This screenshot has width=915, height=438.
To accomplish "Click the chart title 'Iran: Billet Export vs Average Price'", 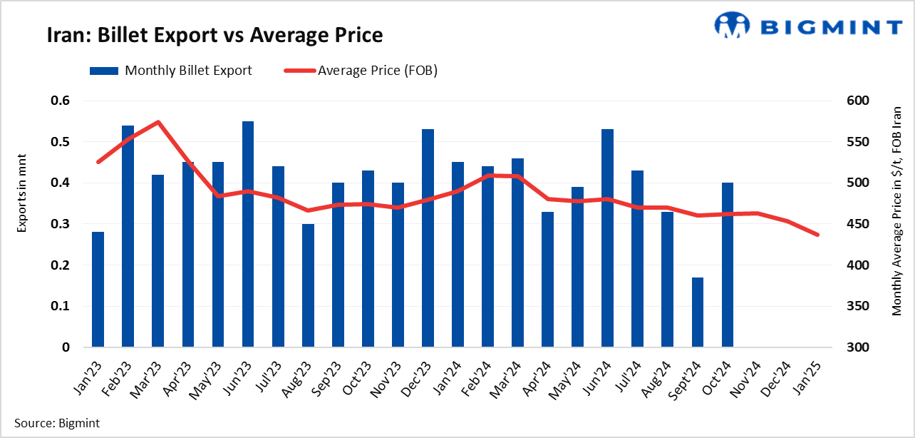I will point(214,35).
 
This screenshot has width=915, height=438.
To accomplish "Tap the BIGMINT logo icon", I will point(733,26).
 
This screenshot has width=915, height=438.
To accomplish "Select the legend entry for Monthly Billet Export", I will point(170,71).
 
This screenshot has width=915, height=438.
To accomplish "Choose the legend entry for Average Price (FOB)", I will point(361,71).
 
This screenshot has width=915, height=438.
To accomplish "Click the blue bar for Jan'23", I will point(98,290).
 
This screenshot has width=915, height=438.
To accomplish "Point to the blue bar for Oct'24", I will point(727,265).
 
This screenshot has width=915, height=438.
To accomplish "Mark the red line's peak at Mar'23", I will point(158,122).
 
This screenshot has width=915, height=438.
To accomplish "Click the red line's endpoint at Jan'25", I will point(817,235).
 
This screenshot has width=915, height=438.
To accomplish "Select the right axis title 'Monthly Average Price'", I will point(896,210).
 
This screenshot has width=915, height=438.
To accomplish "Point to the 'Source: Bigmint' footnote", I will point(57,423).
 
